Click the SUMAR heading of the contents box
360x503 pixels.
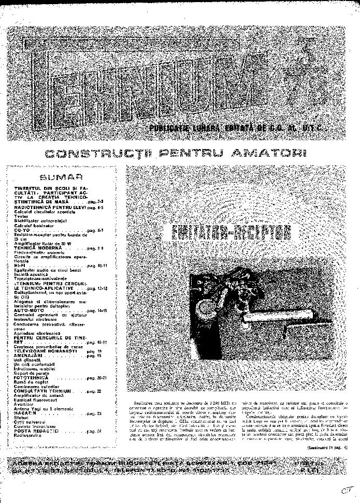coord(61,176)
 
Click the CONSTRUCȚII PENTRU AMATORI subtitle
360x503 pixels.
coord(175,154)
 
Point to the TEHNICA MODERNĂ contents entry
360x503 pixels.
coord(39,248)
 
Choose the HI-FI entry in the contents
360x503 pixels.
coord(20,265)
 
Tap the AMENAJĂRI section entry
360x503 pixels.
coord(30,356)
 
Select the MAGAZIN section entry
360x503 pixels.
coord(26,413)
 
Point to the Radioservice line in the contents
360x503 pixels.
coord(29,435)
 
